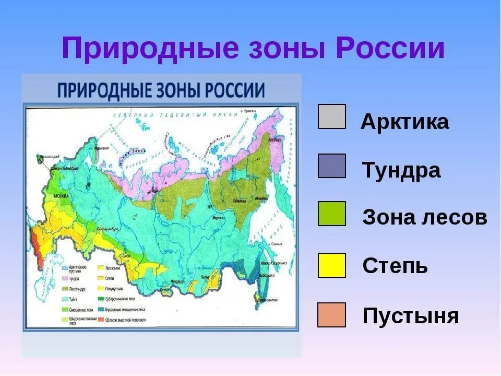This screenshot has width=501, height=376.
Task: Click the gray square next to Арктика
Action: coord(331,116)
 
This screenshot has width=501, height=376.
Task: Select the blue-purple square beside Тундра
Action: coord(331,166)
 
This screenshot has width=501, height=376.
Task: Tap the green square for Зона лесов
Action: coord(331,214)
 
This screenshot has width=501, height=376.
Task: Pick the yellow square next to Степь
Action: coord(331,265)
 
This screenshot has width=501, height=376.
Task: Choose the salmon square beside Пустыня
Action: coord(331,315)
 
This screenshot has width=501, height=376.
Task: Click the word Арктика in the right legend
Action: coord(404,122)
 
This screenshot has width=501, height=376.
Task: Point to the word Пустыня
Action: coord(410,316)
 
